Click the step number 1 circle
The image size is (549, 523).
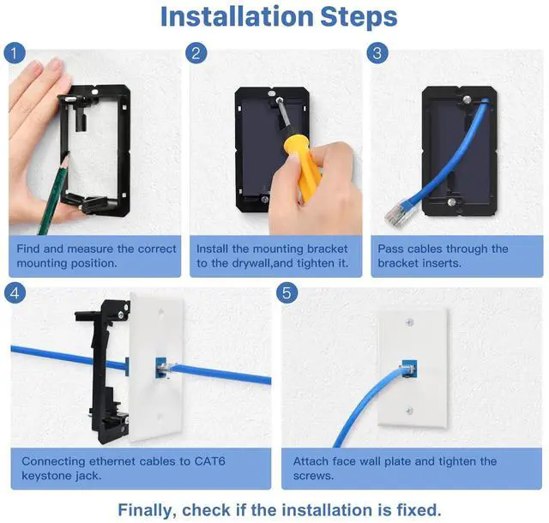(15, 53)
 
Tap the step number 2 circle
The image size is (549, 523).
(196, 53)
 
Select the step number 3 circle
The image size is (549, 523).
(377, 53)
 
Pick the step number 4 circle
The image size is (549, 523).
(15, 292)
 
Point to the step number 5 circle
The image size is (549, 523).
(287, 292)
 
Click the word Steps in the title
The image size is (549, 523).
(359, 17)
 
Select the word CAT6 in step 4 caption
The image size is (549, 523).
(209, 461)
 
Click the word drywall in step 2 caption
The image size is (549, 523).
(250, 263)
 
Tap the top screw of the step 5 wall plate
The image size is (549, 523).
(409, 322)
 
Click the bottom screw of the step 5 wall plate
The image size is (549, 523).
(408, 411)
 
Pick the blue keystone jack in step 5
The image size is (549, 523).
(409, 370)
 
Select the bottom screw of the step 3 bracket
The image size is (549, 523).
(452, 202)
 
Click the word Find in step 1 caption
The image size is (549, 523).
(28, 249)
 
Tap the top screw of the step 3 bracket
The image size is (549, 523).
(467, 99)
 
